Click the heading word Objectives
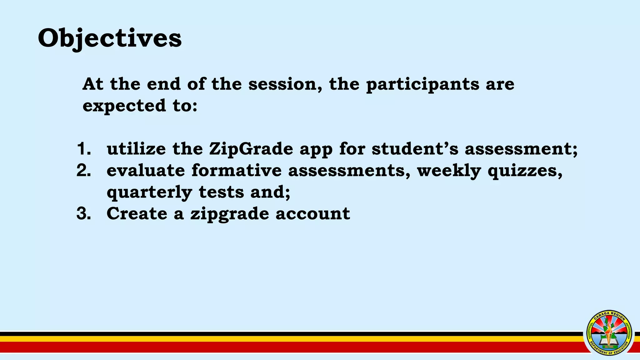[x=109, y=38]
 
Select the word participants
[x=422, y=85]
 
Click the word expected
[x=124, y=106]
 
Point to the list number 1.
[x=83, y=149]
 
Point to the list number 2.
[x=83, y=171]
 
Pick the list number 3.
[x=83, y=214]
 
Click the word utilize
[x=136, y=149]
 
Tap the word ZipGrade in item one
[x=251, y=149]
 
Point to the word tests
[x=221, y=192]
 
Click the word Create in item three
[x=137, y=214]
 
